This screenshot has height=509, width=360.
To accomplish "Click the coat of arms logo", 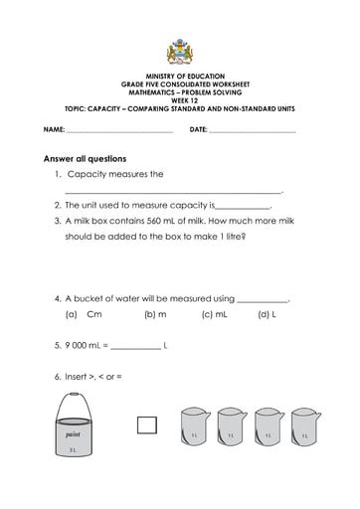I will [x=179, y=53].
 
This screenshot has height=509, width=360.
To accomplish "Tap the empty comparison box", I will [x=147, y=425].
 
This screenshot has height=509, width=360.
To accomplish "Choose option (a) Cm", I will [x=88, y=314].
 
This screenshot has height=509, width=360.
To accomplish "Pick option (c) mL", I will [x=214, y=314].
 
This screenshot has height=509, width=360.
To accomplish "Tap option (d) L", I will [x=266, y=314].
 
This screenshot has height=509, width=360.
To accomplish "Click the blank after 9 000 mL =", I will [x=134, y=347].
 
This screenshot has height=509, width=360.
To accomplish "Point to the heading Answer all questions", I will [x=85, y=158].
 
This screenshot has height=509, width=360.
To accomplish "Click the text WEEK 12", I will [x=179, y=100].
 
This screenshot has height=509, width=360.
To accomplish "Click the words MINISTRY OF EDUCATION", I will [x=179, y=77].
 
